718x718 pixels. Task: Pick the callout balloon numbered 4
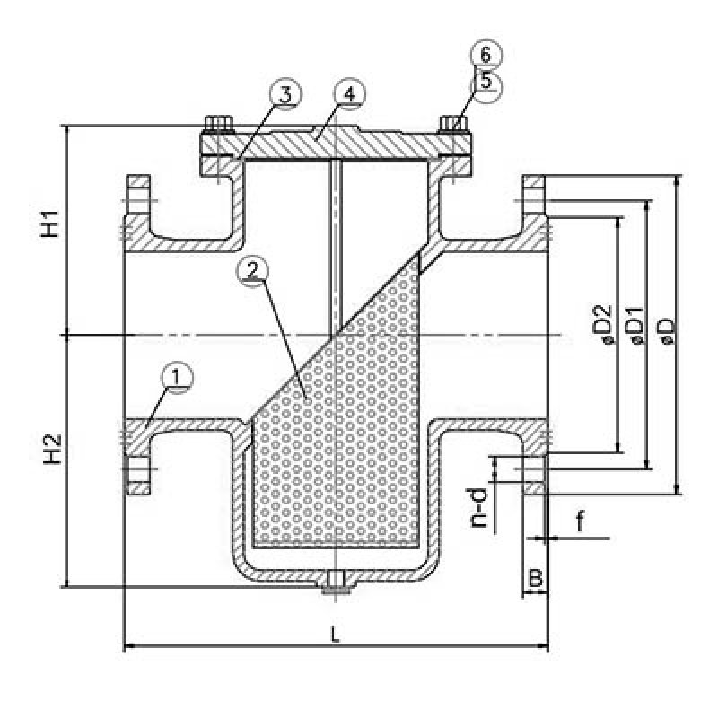(349, 95)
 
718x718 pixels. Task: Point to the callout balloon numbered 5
(486, 82)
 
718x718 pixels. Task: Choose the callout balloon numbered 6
(486, 55)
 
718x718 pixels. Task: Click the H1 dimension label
(53, 223)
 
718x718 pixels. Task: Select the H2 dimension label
(53, 448)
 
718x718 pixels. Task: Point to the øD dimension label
(665, 328)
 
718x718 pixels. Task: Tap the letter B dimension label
(535, 579)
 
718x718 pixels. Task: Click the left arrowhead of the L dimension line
(127, 645)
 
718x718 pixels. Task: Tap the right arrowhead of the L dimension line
(543, 645)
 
